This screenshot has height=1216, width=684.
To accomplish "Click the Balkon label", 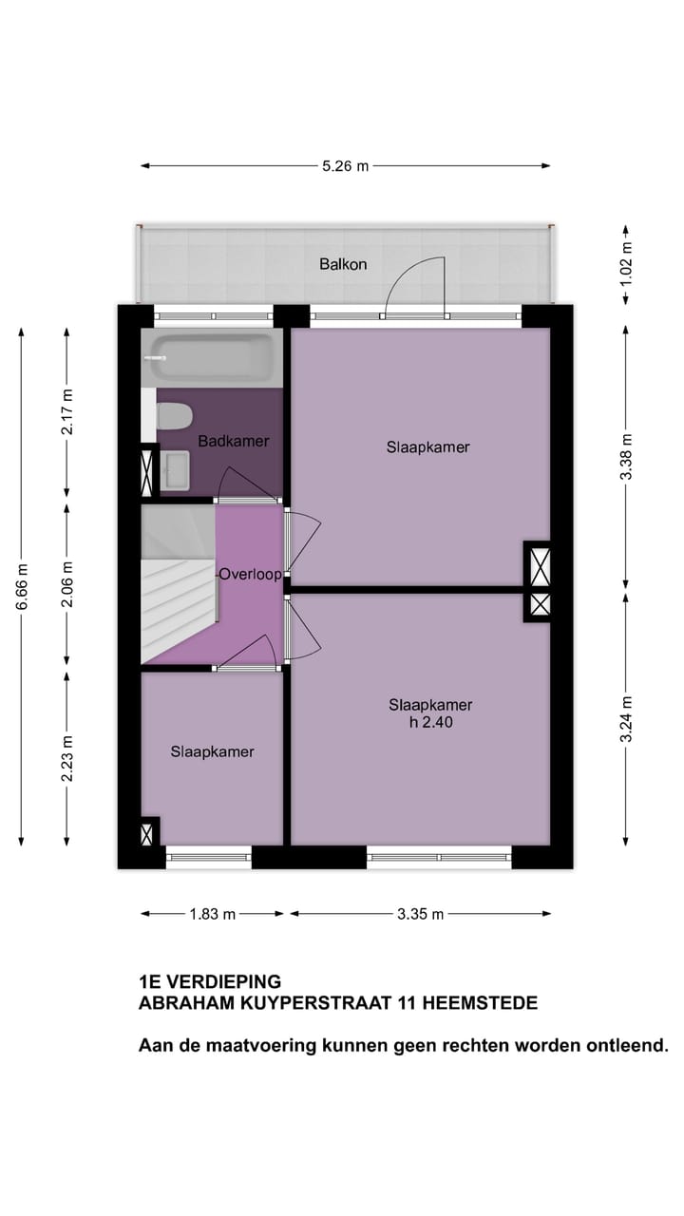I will pyautogui.click(x=342, y=264).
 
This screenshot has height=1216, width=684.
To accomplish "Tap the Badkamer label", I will pyautogui.click(x=233, y=441).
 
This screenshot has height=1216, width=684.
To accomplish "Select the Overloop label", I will pyautogui.click(x=250, y=574).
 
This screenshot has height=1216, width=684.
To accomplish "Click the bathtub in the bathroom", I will pyautogui.click(x=211, y=359).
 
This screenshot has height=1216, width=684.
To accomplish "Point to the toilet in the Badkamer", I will pyautogui.click(x=174, y=416).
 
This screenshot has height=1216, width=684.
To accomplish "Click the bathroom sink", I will pyautogui.click(x=176, y=467).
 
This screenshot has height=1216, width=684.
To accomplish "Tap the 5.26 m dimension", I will pyautogui.click(x=344, y=165).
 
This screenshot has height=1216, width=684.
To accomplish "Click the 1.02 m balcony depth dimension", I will pyautogui.click(x=625, y=264).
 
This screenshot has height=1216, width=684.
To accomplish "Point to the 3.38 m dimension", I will pyautogui.click(x=625, y=456).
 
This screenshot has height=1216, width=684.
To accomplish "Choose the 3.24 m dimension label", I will pyautogui.click(x=625, y=719).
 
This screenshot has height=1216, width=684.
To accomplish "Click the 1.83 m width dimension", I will pyautogui.click(x=212, y=914).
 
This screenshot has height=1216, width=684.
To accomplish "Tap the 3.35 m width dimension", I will pyautogui.click(x=420, y=914).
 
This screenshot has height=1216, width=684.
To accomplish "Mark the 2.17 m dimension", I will pyautogui.click(x=66, y=412).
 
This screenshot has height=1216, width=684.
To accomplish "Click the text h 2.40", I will pyautogui.click(x=430, y=722).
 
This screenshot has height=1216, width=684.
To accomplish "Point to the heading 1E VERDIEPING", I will pyautogui.click(x=210, y=982).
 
